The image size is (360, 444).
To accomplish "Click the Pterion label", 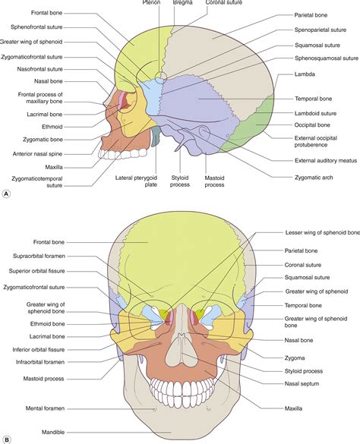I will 152,3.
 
